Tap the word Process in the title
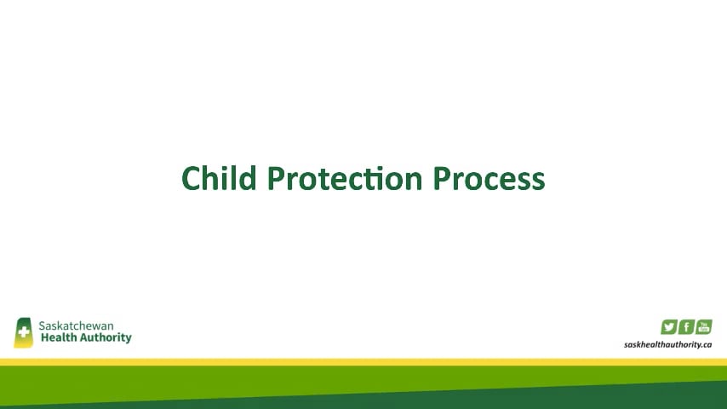click(x=489, y=178)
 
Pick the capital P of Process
click(x=443, y=178)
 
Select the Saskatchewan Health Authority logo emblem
click(x=23, y=332)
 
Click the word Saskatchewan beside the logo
click(x=76, y=325)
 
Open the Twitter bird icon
click(x=669, y=326)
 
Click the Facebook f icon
click(x=687, y=326)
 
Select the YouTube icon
click(x=704, y=326)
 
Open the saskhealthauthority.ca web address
click(x=667, y=345)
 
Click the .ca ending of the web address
click(x=706, y=345)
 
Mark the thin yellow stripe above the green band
click(x=363, y=361)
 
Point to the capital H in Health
click(x=43, y=337)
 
